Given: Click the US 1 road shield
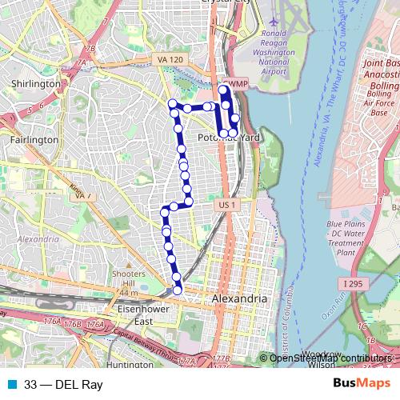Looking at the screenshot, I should point(227,206).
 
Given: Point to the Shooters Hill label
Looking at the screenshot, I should point(128,279).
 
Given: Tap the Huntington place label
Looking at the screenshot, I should point(129,365).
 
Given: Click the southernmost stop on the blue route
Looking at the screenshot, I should point(178,290).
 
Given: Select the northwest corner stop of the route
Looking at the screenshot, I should point(170,102).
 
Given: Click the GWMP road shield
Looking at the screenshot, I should point(234,82).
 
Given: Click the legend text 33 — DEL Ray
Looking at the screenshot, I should point(63,385).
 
